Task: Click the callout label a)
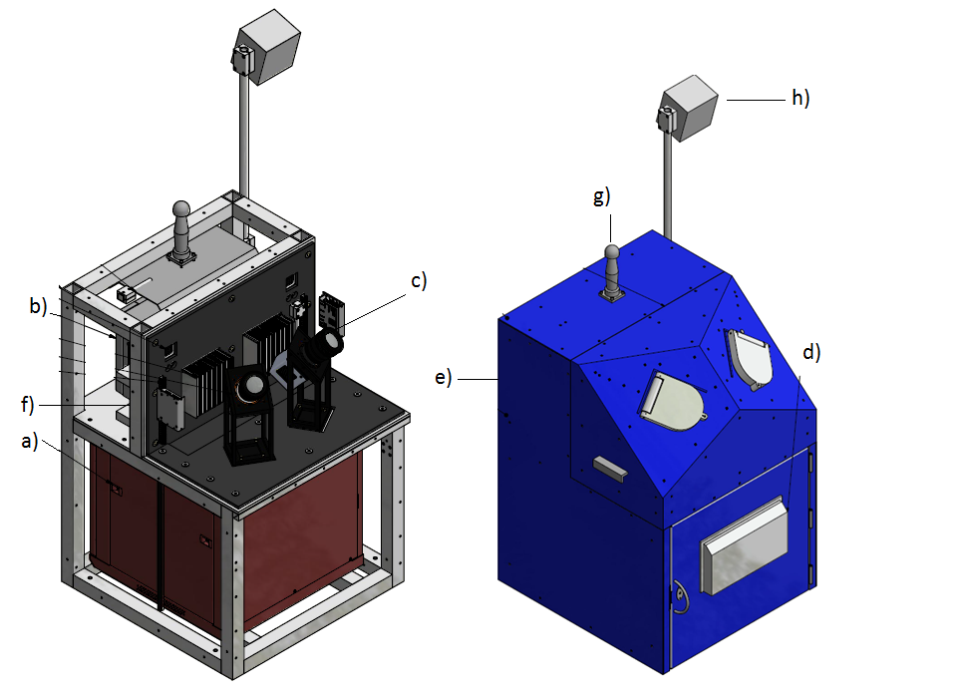click(29, 441)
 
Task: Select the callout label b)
click(38, 305)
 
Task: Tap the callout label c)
click(419, 280)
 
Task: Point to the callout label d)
click(811, 352)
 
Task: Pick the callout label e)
click(444, 377)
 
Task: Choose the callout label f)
click(28, 404)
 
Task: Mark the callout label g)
click(601, 196)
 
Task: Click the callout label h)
click(800, 98)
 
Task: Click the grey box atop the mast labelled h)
click(689, 108)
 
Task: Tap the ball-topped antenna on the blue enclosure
click(612, 273)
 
